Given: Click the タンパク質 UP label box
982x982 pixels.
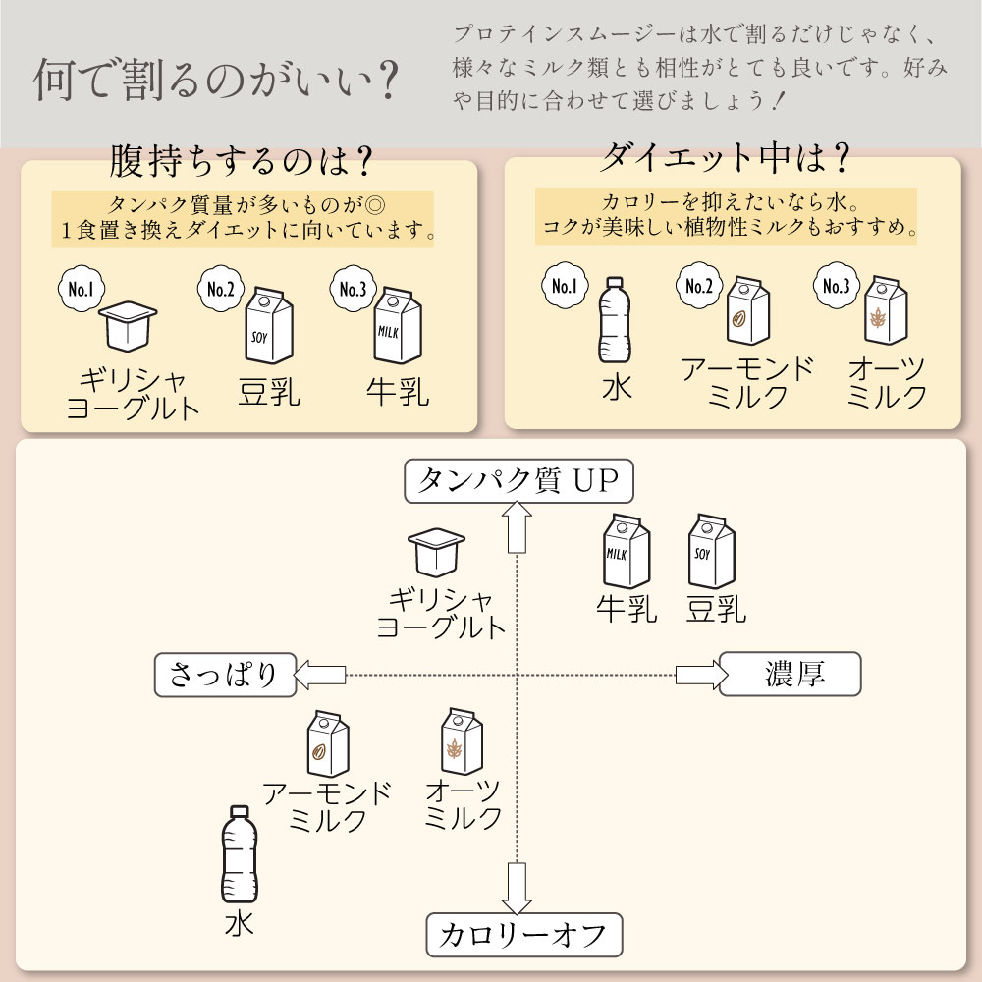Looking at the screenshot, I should click(518, 481).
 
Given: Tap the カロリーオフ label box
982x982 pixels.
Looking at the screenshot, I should click(524, 934).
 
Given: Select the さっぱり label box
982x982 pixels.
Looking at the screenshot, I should click(225, 675).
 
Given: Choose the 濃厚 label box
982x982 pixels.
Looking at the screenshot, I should click(790, 674).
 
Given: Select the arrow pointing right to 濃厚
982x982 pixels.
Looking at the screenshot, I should click(701, 674).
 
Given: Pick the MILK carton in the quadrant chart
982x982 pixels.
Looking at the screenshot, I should click(626, 553).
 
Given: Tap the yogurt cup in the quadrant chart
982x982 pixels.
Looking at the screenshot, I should click(436, 554).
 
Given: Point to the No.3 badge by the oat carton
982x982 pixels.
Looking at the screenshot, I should click(836, 287).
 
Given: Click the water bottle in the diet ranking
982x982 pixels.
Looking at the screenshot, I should click(614, 320).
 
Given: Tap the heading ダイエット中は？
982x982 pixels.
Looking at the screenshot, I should click(725, 156).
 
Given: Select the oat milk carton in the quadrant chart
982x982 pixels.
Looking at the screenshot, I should click(461, 742).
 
